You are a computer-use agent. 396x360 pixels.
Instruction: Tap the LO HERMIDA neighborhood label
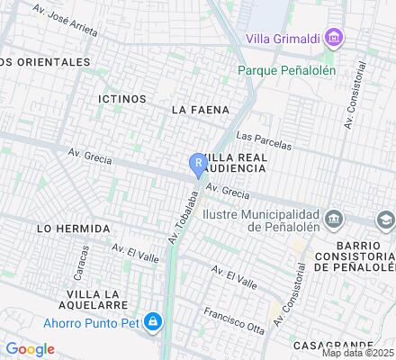click(73, 229)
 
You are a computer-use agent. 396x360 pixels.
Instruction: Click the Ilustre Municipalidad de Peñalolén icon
click(334, 220)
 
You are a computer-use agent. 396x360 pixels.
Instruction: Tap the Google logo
click(31, 349)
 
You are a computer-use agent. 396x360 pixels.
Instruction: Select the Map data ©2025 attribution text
click(356, 352)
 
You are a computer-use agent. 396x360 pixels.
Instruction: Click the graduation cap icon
click(385, 220)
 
